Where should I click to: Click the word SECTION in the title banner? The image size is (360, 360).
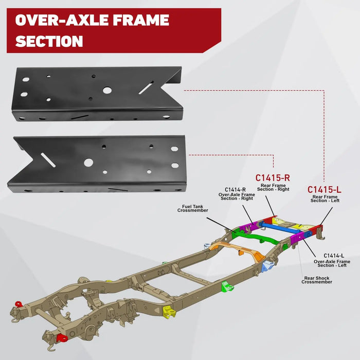click(x=49, y=41)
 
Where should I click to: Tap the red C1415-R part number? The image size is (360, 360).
click(x=273, y=178)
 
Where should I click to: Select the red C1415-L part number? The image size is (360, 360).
click(x=325, y=190)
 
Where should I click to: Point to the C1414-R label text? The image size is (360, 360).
click(x=236, y=190)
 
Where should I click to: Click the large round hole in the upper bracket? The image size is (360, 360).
click(x=107, y=90)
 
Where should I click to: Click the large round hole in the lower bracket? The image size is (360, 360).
click(x=88, y=162)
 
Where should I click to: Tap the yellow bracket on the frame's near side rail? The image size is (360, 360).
click(x=168, y=312)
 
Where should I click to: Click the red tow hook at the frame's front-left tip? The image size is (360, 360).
click(x=19, y=304)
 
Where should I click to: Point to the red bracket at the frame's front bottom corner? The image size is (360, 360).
click(x=62, y=338)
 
